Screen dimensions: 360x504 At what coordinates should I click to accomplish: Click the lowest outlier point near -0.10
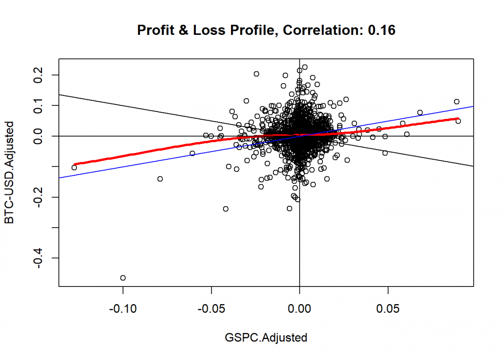point(123,278)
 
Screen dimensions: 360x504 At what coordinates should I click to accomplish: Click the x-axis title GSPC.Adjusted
point(266,337)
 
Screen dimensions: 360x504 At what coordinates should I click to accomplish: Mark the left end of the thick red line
point(74,164)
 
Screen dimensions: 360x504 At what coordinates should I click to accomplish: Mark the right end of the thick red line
point(458,118)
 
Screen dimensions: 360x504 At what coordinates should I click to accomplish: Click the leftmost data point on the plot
point(74,168)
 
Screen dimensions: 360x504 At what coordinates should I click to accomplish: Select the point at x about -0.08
point(160,179)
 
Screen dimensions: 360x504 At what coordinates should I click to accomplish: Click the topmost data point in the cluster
point(305,67)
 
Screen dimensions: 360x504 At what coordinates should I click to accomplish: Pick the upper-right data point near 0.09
point(457,102)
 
